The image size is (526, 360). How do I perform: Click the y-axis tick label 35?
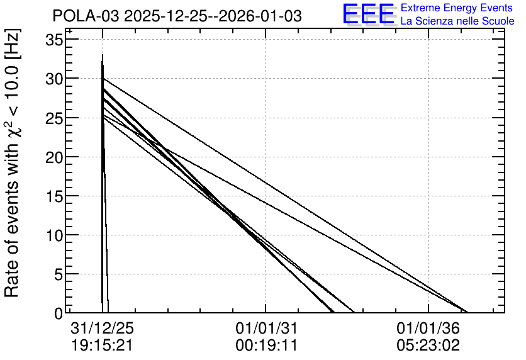click(53, 40)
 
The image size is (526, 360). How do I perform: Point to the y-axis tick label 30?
click(53, 79)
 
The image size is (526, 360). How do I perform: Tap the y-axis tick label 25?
click(53, 118)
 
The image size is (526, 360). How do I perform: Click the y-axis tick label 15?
click(53, 196)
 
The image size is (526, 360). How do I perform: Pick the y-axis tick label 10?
click(53, 236)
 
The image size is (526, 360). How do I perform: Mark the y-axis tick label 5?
click(59, 275)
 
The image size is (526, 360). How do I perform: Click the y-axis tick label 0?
click(59, 314)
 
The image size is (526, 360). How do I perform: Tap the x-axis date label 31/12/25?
click(102, 328)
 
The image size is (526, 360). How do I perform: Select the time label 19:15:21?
click(102, 345)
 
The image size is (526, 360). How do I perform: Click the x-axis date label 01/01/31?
click(266, 328)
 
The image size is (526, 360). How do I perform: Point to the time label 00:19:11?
click(266, 345)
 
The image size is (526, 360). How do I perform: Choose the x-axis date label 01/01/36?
click(428, 328)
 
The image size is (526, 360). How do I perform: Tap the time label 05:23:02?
click(428, 345)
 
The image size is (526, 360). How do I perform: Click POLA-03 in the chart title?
click(86, 16)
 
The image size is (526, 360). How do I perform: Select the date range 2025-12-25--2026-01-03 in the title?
click(213, 16)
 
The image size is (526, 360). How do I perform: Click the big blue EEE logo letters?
click(368, 14)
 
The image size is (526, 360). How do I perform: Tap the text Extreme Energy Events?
click(457, 8)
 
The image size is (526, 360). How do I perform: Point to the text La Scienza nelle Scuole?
click(457, 21)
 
